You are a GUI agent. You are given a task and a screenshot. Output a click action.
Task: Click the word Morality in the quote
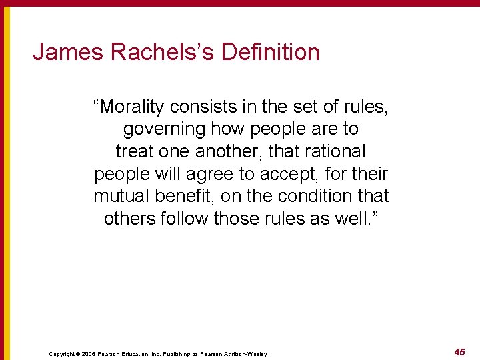(x=132, y=106)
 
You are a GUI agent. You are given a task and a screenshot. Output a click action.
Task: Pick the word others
(x=130, y=219)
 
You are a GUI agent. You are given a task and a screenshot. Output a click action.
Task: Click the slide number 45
(x=459, y=352)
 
